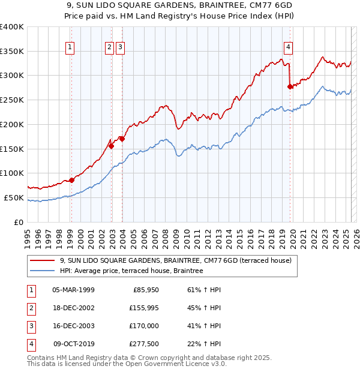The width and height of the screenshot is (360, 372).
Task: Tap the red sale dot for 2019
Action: [290, 86]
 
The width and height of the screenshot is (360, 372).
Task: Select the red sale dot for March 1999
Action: [71, 180]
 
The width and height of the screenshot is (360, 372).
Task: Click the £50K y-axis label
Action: [14, 197]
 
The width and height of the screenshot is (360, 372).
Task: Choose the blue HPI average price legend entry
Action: [131, 271]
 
